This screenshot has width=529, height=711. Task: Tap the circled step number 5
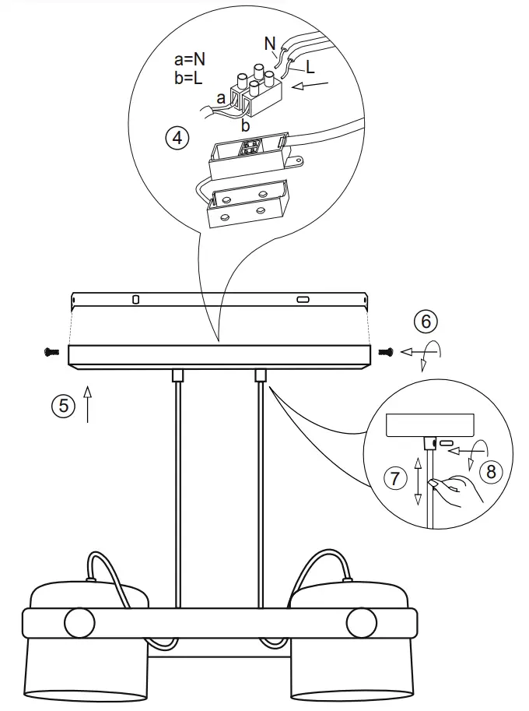[63, 405]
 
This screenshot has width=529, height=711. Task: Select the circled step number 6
[425, 321]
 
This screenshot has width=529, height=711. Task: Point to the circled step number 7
[395, 478]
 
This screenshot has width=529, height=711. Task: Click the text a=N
[191, 59]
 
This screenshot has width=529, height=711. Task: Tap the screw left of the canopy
[51, 352]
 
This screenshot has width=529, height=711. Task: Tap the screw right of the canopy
[386, 353]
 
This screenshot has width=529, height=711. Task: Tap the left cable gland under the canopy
[177, 375]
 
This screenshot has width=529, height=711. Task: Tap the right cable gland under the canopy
[261, 375]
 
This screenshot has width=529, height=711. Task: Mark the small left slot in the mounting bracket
[135, 299]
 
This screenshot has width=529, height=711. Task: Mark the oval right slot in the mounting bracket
[303, 299]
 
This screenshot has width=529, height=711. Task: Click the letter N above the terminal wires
[269, 44]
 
